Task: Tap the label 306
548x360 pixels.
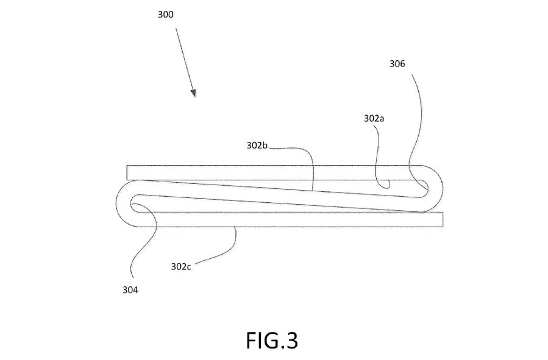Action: tap(397, 63)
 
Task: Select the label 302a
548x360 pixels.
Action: tap(374, 119)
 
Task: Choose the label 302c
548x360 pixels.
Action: tap(182, 266)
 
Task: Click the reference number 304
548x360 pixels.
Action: tap(130, 291)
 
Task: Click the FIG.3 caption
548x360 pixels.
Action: tap(272, 340)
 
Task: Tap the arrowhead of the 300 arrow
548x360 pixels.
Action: tap(193, 93)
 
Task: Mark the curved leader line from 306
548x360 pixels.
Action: tap(418, 122)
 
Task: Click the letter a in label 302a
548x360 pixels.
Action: tap(382, 119)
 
